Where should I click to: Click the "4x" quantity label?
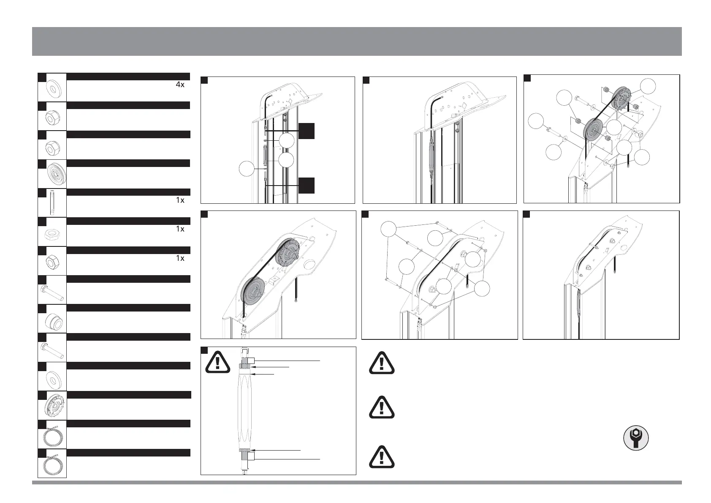[180, 85]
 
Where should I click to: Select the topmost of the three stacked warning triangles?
[382, 363]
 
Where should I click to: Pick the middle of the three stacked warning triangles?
[382, 407]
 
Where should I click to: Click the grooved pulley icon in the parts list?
[52, 174]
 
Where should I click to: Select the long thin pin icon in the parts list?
[52, 202]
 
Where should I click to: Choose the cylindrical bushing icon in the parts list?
[53, 319]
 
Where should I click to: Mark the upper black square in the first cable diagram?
[307, 131]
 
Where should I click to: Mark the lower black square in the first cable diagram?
[307, 186]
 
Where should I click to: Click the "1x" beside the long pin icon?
[180, 200]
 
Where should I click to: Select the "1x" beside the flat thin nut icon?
[180, 229]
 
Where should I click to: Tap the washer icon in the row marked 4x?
[53, 87]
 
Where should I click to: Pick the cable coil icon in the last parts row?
[52, 464]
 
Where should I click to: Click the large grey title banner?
[357, 41]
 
